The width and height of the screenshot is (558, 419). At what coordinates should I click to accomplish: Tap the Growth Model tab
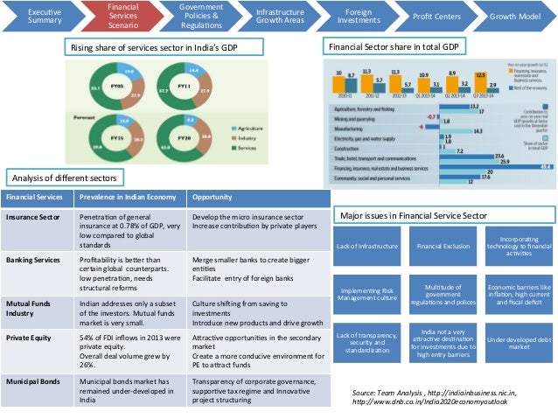514,16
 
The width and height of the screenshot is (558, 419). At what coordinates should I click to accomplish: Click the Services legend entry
244,148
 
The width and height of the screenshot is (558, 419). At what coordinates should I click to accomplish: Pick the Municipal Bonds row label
35,382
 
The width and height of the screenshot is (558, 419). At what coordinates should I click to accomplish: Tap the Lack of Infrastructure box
366,247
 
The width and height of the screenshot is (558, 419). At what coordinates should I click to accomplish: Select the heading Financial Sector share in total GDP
392,45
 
